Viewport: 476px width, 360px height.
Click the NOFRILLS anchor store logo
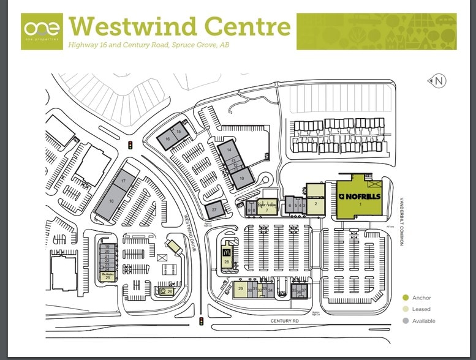coord(360,196)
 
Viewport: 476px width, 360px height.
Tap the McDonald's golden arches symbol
coord(226,251)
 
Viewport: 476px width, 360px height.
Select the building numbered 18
coord(111,201)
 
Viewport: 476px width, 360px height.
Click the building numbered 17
coord(123,181)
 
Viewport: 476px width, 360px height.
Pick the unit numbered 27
coord(214,210)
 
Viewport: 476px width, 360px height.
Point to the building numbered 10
coord(241,178)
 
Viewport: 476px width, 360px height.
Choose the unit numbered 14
coord(229,150)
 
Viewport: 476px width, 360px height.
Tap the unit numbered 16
coord(167,140)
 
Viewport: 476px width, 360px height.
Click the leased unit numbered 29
coord(241,289)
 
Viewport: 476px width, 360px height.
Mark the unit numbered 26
coord(169,292)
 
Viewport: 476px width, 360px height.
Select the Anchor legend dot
coord(405,298)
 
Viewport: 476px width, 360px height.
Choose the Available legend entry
coord(423,321)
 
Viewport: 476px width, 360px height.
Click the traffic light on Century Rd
coord(201,321)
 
